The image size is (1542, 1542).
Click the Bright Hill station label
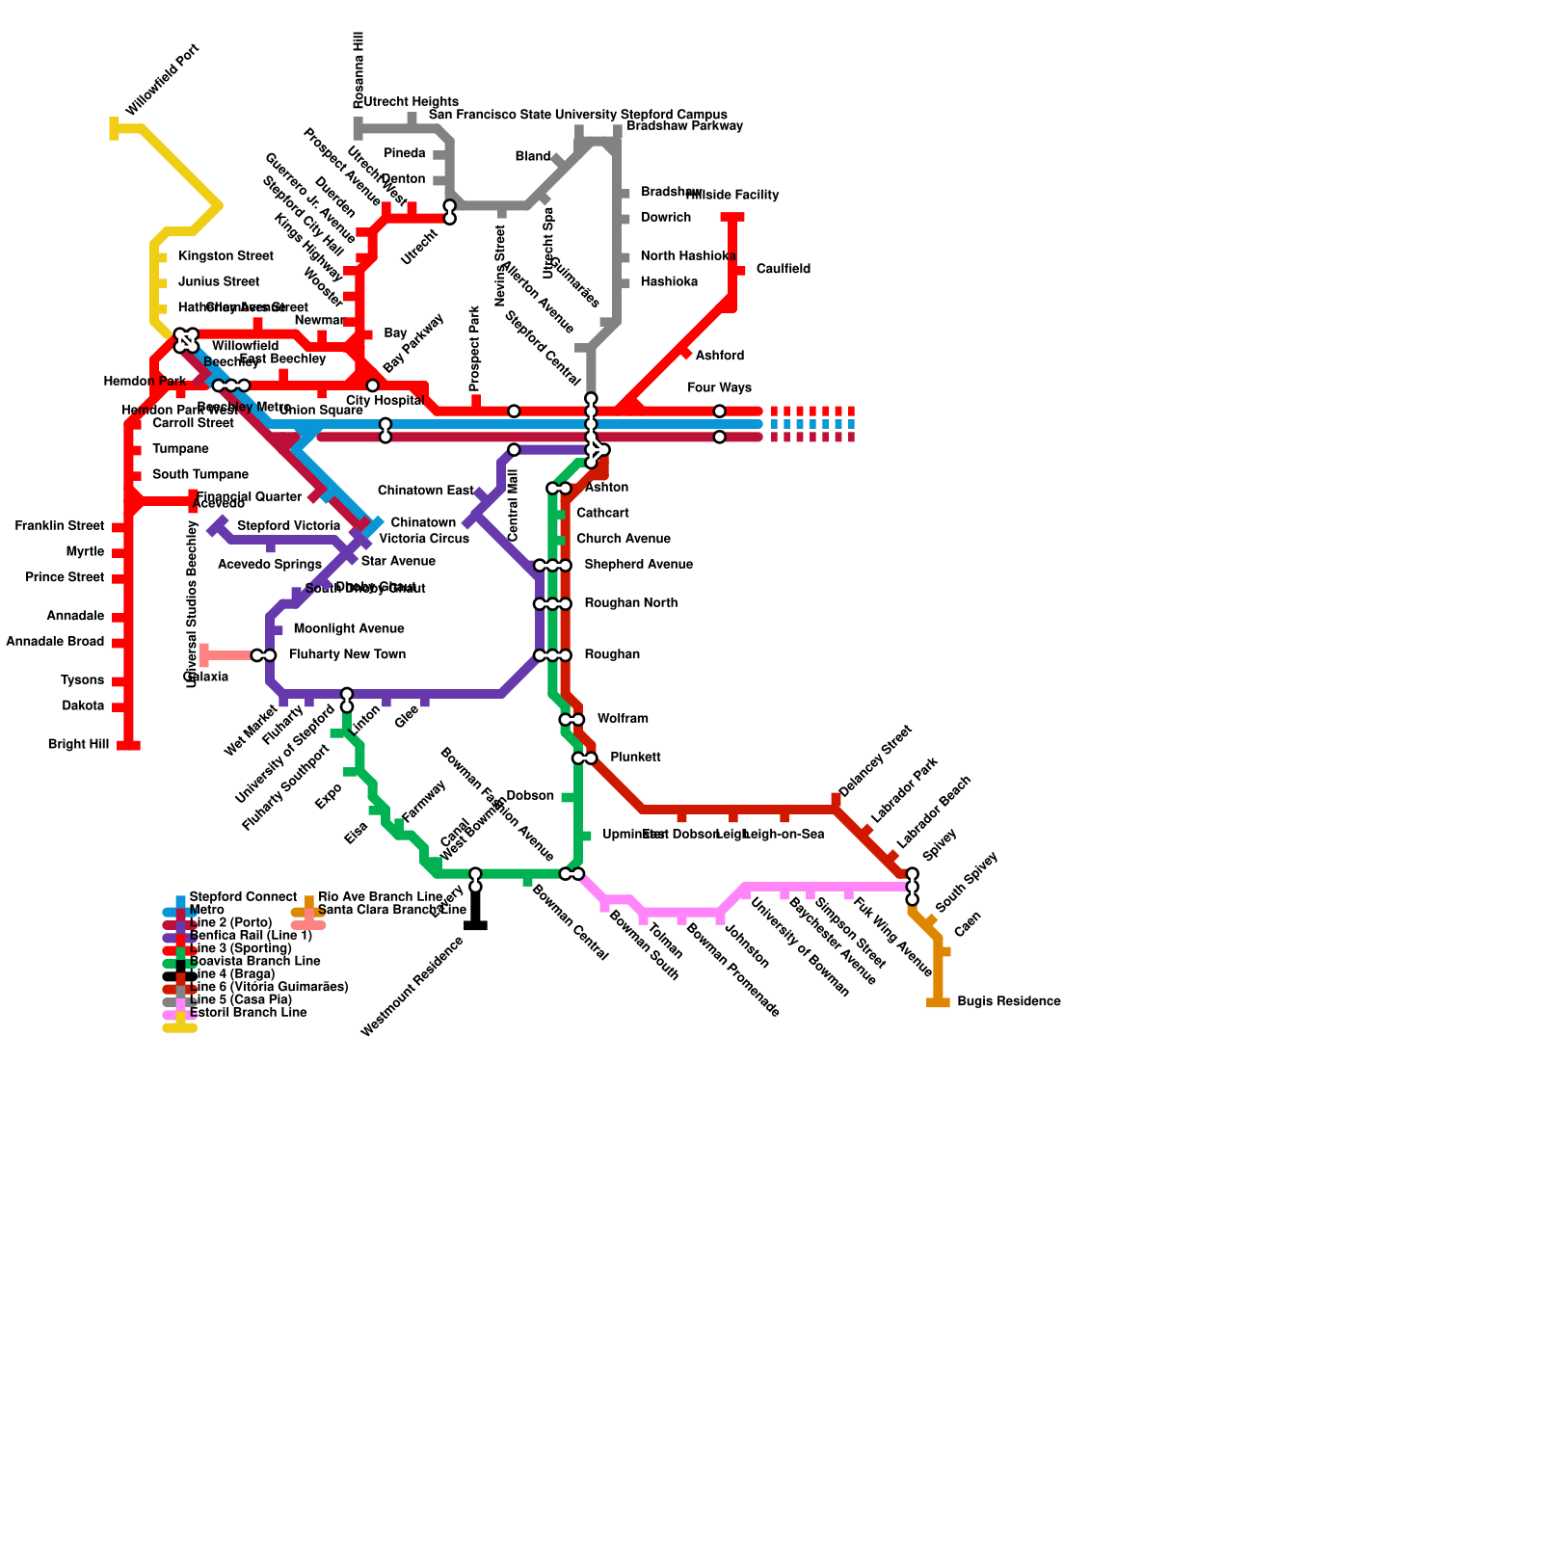[x=78, y=745]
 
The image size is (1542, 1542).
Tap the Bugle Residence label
[x=1008, y=1002]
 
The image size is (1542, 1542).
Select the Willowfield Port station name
[x=162, y=79]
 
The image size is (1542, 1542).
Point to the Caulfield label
[x=783, y=270]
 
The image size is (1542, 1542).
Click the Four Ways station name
[x=719, y=388]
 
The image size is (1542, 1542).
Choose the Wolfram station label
[x=623, y=719]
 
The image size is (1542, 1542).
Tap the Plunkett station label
[x=635, y=758]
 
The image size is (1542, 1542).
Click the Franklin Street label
[x=60, y=526]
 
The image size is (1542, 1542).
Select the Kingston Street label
[x=226, y=256]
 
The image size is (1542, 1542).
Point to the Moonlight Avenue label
[x=349, y=629]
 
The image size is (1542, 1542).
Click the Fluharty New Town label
[x=347, y=655]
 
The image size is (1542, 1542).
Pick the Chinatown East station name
[x=425, y=492]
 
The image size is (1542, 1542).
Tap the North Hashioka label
[x=688, y=256]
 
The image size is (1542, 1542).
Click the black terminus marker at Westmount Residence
[x=475, y=925]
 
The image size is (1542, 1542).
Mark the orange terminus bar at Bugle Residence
[x=938, y=1002]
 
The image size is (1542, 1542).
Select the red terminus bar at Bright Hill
[x=128, y=745]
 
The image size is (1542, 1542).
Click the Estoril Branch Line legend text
[x=249, y=1013]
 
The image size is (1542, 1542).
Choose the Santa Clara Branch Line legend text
[x=392, y=910]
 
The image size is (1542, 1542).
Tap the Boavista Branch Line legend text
[x=255, y=961]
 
